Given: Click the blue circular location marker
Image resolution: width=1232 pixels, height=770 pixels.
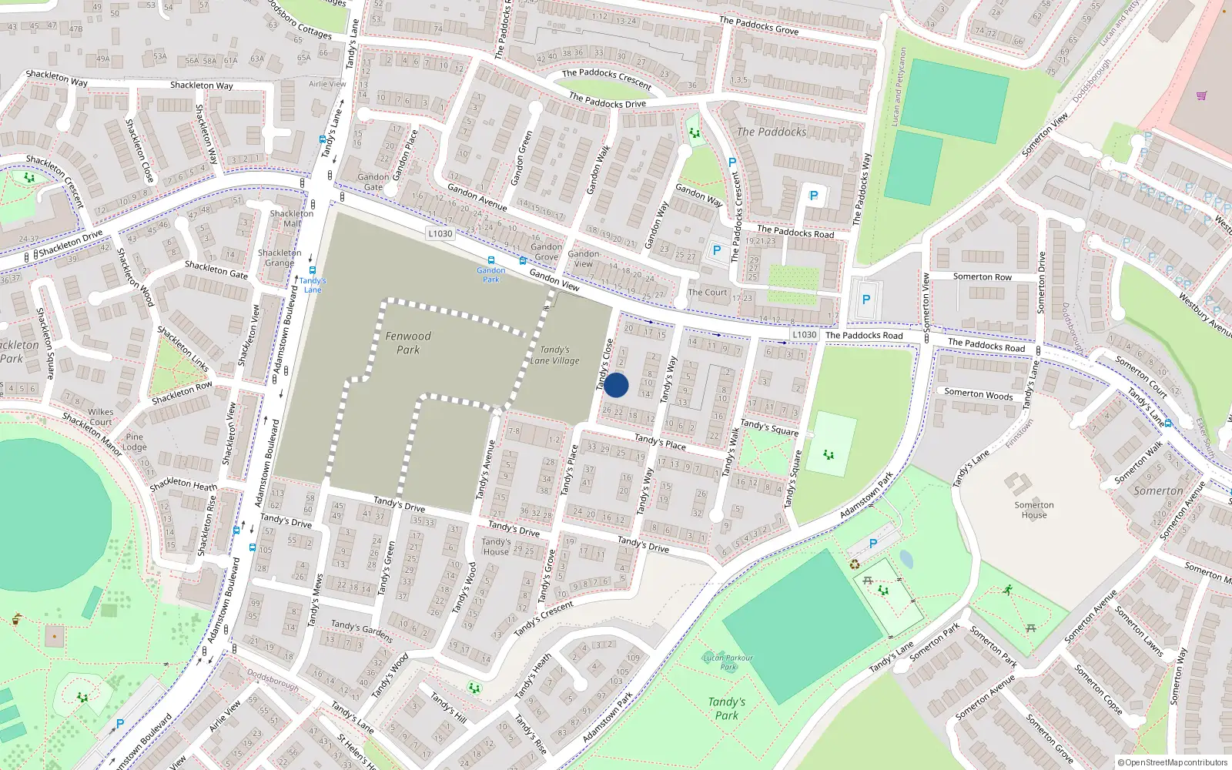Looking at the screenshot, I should point(616,385).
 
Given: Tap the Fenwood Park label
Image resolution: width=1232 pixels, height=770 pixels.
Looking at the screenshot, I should point(408,343).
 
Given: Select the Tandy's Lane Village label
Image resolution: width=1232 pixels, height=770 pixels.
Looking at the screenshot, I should point(554,355).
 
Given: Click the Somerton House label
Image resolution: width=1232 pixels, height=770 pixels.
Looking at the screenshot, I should point(1034,510).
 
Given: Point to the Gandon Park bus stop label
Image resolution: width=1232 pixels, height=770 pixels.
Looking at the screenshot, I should point(490,275).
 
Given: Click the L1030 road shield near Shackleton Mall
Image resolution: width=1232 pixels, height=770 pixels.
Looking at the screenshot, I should point(440,233).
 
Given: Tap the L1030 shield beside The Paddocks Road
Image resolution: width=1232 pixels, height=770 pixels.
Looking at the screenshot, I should point(804,334).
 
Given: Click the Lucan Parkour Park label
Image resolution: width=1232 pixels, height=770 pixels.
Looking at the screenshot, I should point(728,662).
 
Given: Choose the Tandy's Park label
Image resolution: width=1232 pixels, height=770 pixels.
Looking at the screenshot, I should point(726,708).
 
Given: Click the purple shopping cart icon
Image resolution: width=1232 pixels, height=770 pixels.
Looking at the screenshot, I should point(1201,96).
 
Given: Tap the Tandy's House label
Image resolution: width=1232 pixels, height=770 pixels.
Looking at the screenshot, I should point(495,546).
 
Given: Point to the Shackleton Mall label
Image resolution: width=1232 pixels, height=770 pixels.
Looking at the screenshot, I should point(291,218).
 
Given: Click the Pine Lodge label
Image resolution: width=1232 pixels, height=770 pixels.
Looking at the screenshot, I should point(134,441).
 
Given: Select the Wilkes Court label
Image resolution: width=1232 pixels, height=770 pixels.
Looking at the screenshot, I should point(100,417).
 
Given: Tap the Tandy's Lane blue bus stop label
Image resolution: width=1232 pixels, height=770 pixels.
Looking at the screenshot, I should point(313,285).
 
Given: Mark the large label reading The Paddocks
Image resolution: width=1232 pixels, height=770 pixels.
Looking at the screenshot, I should point(772,132).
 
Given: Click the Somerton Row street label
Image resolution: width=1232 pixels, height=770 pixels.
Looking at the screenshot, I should point(982,276).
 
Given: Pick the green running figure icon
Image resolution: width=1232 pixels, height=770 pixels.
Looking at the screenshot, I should point(1007,590).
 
